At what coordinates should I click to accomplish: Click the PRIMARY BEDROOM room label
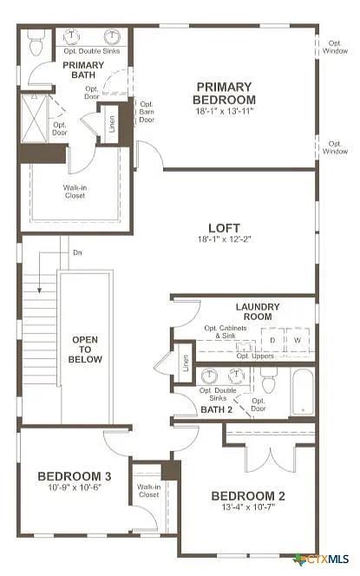[x=224, y=93]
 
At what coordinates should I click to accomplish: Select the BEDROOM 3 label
[x=74, y=476]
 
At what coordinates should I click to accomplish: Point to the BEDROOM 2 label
[x=248, y=496]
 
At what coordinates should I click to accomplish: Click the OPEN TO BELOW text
[x=84, y=349]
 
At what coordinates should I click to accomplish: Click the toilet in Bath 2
[x=268, y=382]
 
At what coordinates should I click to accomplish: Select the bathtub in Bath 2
[x=302, y=392]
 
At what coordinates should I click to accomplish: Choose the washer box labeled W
[x=298, y=341]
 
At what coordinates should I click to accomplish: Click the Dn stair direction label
[x=77, y=253]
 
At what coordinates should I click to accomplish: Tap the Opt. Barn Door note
[x=147, y=111]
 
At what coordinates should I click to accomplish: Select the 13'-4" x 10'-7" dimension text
[x=248, y=507]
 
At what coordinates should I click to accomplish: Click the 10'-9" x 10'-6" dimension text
[x=74, y=487]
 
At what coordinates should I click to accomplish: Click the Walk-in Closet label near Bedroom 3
[x=148, y=491]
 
